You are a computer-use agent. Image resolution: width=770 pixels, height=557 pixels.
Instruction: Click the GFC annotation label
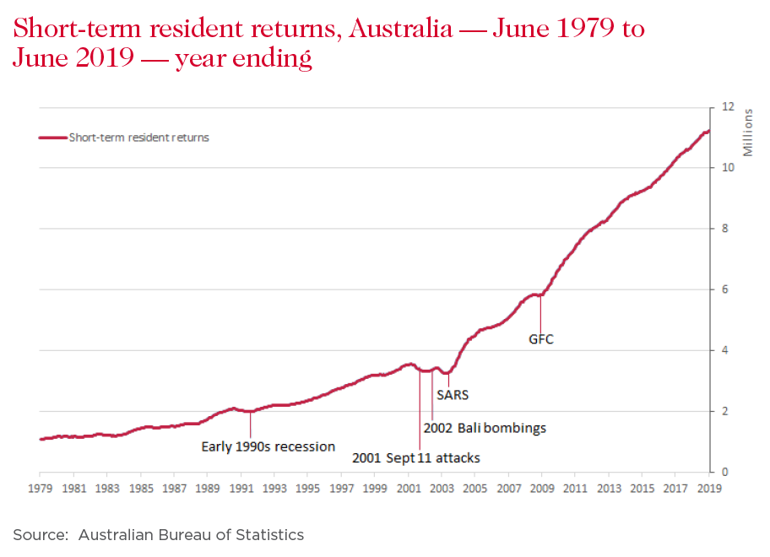click(540, 340)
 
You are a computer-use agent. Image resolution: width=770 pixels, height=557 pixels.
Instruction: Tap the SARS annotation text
click(453, 394)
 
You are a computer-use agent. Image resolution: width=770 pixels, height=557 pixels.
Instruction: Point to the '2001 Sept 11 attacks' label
click(416, 458)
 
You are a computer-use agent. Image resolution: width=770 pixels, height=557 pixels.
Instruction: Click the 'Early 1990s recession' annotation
click(268, 446)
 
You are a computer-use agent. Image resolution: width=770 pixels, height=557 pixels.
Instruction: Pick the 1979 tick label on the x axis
click(41, 488)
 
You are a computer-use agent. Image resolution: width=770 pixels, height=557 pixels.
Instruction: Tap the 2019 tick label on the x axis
click(708, 488)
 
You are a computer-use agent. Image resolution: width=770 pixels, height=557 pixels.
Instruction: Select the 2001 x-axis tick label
click(408, 488)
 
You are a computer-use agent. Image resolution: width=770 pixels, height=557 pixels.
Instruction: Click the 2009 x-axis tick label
click(541, 488)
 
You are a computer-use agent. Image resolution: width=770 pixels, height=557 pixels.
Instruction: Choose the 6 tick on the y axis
click(723, 289)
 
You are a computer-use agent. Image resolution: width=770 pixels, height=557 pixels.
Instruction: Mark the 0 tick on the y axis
click(723, 472)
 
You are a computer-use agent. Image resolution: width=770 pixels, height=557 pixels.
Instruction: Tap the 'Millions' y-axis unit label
click(747, 132)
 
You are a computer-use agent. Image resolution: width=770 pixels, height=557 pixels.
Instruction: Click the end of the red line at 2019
click(708, 131)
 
